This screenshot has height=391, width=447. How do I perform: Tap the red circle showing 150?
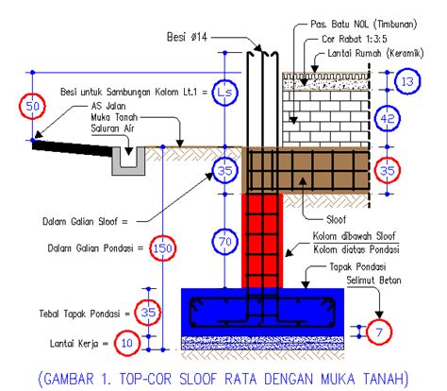163,248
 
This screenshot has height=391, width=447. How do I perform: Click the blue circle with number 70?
223,243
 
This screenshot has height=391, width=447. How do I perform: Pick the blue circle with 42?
412,119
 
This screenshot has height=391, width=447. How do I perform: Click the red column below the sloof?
264,236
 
